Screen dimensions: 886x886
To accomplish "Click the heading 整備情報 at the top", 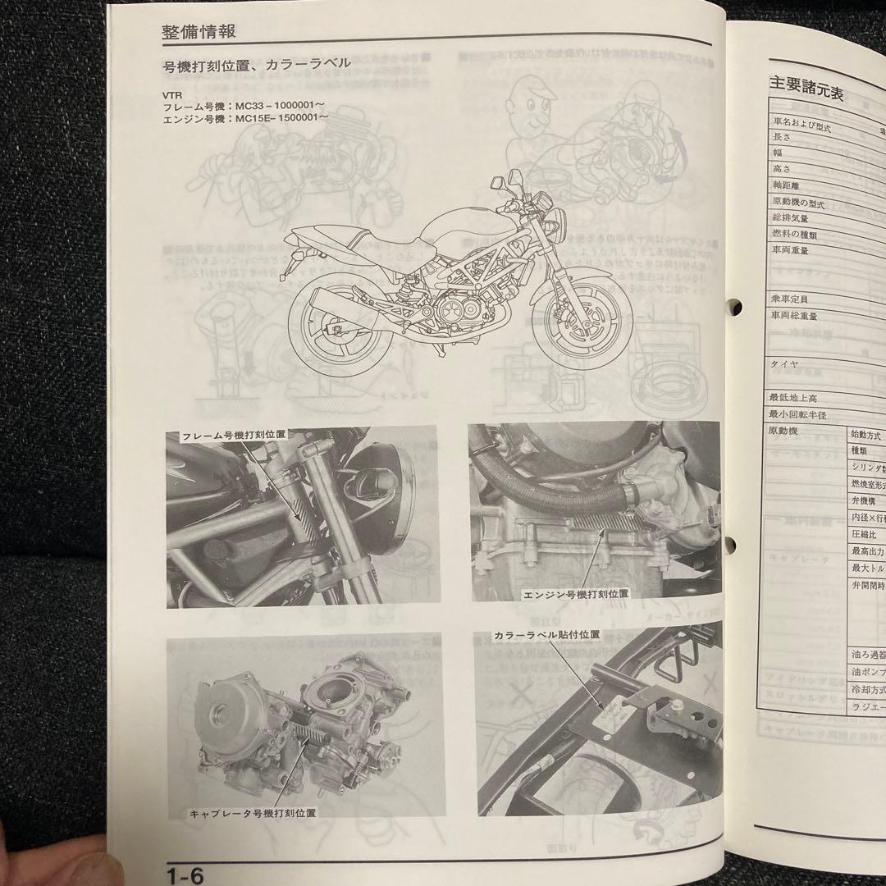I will pos(199,31).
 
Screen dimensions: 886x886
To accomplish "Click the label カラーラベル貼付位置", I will pos(546,635).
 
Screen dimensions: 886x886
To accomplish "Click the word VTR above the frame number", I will pos(173,95).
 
